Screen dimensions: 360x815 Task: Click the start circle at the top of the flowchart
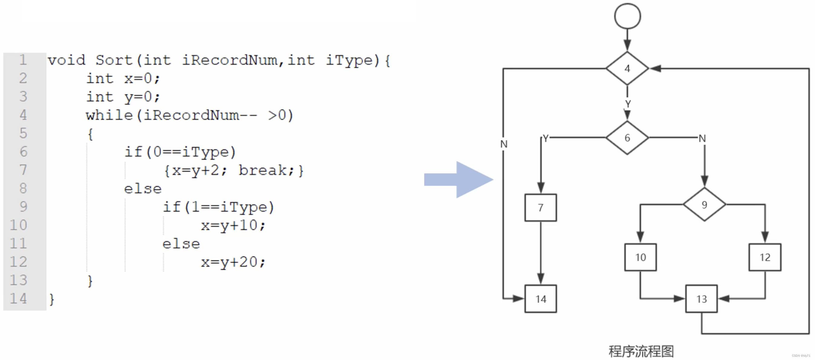[627, 16]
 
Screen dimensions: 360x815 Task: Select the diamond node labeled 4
[627, 68]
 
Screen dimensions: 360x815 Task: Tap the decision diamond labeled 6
[627, 138]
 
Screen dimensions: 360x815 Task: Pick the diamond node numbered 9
[704, 205]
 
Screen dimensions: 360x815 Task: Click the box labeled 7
[540, 208]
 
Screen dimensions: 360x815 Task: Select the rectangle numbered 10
[640, 257]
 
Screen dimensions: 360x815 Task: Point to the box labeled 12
[765, 257]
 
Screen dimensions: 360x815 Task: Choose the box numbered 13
[702, 299]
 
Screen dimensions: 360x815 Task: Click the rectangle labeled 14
[541, 299]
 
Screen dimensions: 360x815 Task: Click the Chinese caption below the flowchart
[641, 351]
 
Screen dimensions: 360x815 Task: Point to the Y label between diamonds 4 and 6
[628, 104]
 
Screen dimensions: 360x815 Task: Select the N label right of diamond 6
[702, 138]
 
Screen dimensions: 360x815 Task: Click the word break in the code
[262, 170]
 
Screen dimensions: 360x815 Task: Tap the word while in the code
[109, 115]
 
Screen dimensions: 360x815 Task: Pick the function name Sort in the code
[114, 60]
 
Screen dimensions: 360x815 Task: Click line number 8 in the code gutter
[23, 188]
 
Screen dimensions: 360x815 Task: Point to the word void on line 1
[67, 60]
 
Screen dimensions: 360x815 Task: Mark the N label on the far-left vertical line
[504, 144]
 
